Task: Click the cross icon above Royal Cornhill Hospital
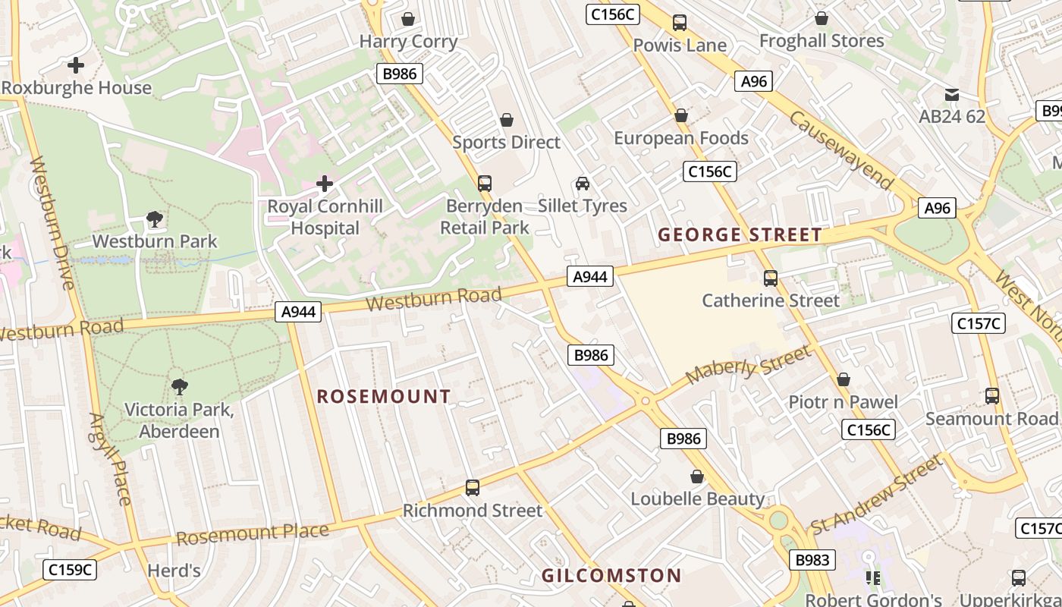click(325, 184)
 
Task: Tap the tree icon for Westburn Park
click(155, 220)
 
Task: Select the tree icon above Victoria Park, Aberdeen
click(179, 387)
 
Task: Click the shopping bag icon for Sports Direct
click(507, 120)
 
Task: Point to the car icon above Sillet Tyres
click(583, 184)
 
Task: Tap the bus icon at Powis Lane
click(680, 23)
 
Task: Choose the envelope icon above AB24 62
click(951, 95)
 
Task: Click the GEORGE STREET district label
click(740, 235)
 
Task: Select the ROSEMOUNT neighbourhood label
click(384, 397)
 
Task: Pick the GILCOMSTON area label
click(611, 576)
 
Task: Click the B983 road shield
click(812, 561)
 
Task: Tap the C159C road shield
click(71, 569)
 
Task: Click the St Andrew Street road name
click(876, 493)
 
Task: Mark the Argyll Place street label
click(111, 459)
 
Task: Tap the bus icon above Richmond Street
click(473, 488)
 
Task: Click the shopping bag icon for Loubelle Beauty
click(697, 476)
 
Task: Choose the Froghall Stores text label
click(822, 41)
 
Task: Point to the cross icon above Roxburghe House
click(76, 65)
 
